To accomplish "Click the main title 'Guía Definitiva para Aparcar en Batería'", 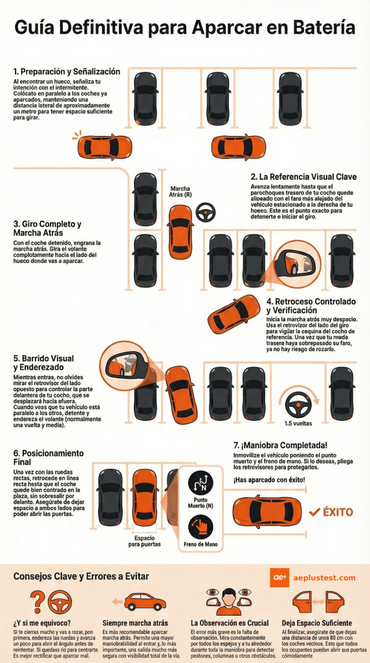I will (184, 28).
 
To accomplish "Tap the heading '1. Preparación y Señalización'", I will (67, 71).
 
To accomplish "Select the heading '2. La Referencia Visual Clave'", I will (302, 176).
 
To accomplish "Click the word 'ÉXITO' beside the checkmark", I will (338, 512).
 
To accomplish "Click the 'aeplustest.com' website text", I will (324, 578).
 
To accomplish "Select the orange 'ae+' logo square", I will (279, 578).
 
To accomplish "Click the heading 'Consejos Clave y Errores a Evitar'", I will (81, 576).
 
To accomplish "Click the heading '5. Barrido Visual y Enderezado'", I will (43, 363).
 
